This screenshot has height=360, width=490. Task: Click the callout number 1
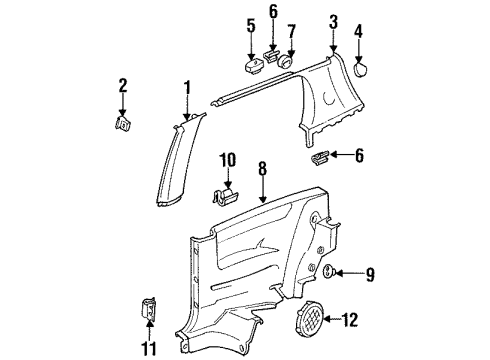[188, 88]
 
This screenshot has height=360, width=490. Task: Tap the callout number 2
[123, 85]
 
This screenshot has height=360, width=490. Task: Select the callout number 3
[333, 22]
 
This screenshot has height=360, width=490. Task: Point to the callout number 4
[358, 31]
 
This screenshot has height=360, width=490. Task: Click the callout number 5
[251, 26]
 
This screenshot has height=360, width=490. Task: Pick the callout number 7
[291, 32]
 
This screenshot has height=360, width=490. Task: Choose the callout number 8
[263, 168]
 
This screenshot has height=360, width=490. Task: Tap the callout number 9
[370, 274]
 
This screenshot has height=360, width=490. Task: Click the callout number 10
[228, 160]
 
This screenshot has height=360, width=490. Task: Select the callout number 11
[149, 348]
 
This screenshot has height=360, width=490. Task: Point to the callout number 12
[350, 320]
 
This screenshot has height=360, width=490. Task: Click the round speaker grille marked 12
[309, 318]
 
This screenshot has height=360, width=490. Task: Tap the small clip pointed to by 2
[122, 124]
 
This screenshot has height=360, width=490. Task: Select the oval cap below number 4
[360, 69]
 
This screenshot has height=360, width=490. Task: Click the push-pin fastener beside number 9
[328, 270]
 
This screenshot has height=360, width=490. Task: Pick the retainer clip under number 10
[225, 197]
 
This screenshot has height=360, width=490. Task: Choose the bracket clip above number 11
[148, 309]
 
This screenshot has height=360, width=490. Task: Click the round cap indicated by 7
[286, 61]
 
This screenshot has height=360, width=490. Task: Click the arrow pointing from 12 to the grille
[332, 319]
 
